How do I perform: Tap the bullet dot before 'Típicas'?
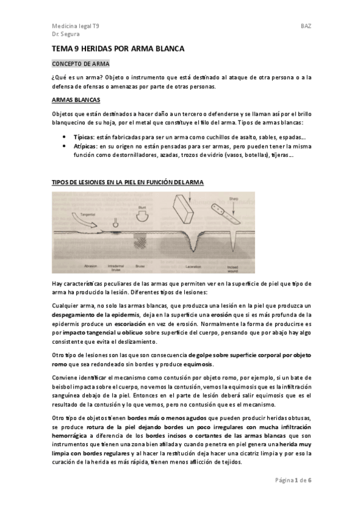click(x=64, y=137)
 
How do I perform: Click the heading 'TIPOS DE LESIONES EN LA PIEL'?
click(x=127, y=182)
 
